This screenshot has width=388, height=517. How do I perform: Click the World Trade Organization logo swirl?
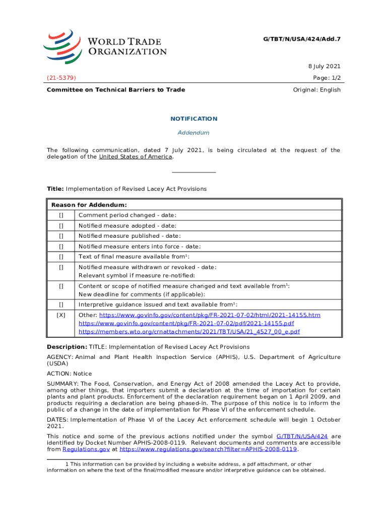tap(62, 45)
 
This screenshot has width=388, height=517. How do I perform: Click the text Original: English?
tap(316, 90)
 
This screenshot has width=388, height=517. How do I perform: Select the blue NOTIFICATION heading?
tap(193, 119)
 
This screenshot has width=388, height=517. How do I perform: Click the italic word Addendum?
tap(193, 133)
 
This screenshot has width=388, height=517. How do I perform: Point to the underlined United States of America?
tap(136, 157)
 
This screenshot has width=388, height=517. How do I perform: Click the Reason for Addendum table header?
tap(89, 205)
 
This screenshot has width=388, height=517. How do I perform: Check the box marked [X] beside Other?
tap(61, 315)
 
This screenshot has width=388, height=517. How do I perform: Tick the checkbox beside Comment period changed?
tap(61, 216)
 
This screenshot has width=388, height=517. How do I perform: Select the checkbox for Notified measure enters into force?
tap(61, 246)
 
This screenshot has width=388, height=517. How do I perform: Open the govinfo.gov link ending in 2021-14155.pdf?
tap(186, 323)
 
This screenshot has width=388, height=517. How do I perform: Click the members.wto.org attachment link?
tap(189, 332)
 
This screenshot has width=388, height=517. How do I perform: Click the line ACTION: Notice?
tap(70, 374)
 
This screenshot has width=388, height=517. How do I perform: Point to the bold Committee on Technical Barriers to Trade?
tap(116, 90)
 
